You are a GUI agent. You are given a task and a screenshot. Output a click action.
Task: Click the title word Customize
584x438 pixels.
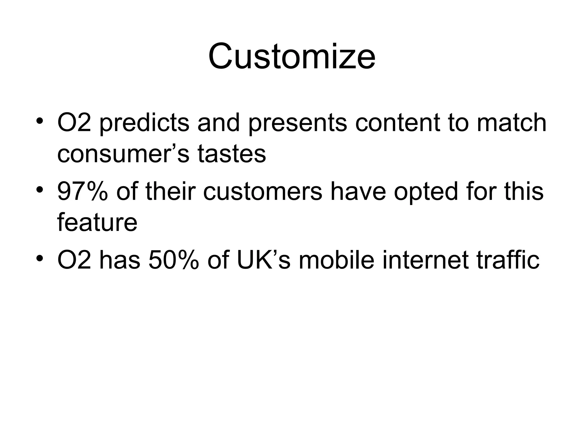(292, 56)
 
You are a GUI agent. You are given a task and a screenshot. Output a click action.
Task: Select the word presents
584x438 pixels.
(297, 123)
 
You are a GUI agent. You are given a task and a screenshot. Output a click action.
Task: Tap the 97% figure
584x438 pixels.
(83, 192)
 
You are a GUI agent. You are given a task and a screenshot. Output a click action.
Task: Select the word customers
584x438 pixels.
(263, 192)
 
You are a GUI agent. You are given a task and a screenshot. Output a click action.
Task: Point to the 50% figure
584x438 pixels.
(173, 260)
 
